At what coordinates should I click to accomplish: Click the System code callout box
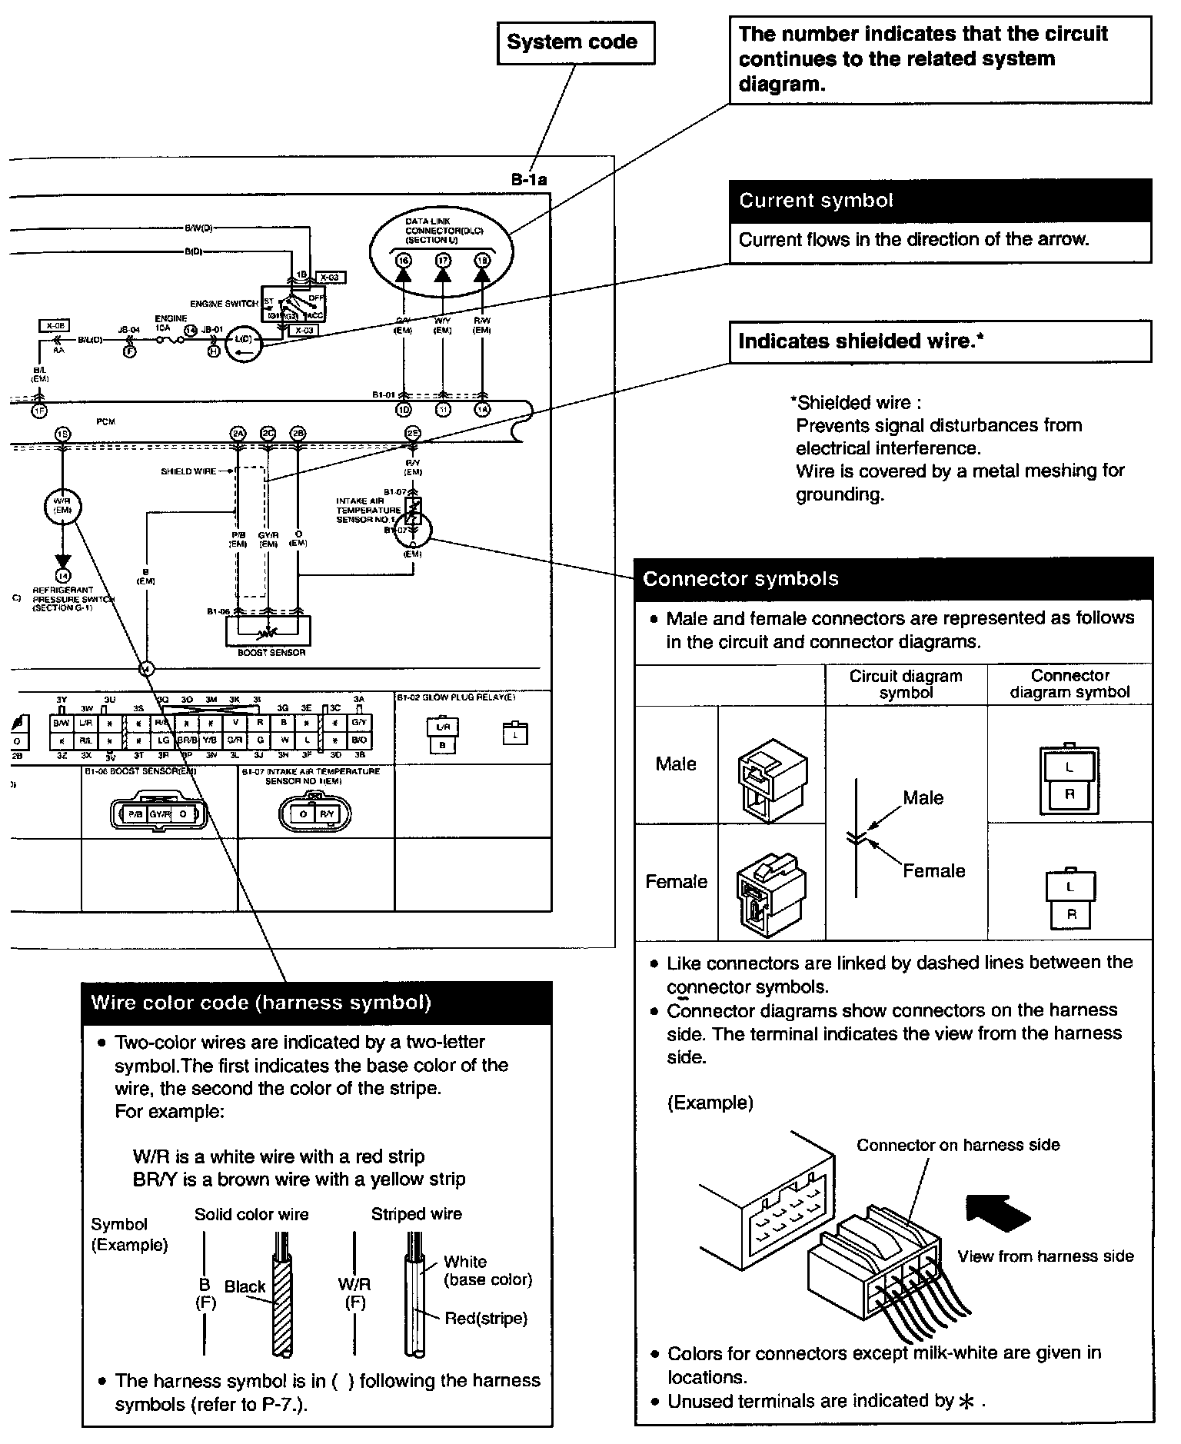tap(576, 42)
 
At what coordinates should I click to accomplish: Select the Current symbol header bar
tap(940, 201)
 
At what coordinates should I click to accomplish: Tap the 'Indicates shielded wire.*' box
tap(940, 341)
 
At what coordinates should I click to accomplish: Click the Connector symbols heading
tap(740, 579)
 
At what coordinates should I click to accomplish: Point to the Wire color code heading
tap(261, 1003)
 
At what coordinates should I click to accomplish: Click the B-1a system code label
tap(529, 180)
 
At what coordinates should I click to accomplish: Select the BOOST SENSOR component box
tap(268, 632)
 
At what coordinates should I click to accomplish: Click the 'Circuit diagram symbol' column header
tap(906, 684)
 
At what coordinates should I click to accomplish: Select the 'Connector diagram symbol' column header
tap(1070, 684)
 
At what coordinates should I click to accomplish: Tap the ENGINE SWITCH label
tap(224, 304)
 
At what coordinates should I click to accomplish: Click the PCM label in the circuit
tap(105, 422)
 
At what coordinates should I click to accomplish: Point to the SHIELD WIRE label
tap(188, 471)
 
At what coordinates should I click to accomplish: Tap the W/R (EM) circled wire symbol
tap(62, 506)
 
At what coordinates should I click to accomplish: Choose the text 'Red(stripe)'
tap(486, 1318)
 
